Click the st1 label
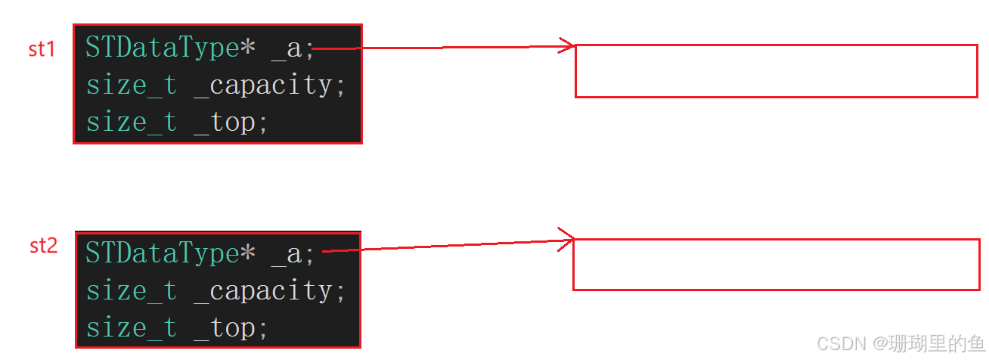coord(42,50)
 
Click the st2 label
coord(43,246)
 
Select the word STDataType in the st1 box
coord(162,48)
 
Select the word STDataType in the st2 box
coord(162,253)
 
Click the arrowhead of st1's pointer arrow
coord(569,46)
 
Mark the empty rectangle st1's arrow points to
coord(776,71)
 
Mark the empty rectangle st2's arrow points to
coord(776,265)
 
